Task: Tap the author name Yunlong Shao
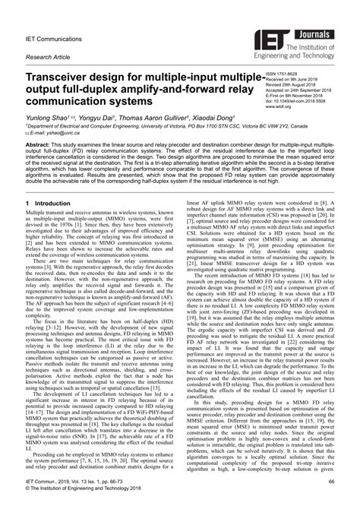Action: click(x=46, y=119)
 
